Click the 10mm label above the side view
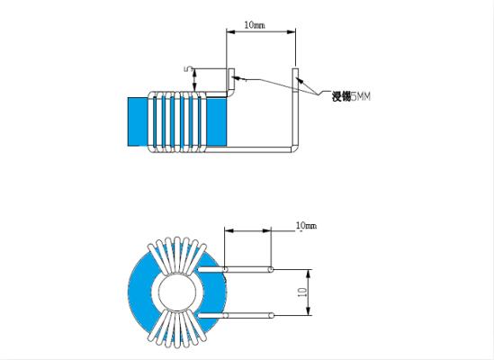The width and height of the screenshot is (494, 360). pyautogui.click(x=255, y=25)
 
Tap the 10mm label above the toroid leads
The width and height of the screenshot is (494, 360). pyautogui.click(x=306, y=225)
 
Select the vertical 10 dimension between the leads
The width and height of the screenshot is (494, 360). pyautogui.click(x=302, y=292)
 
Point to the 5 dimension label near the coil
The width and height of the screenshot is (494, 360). pyautogui.click(x=188, y=68)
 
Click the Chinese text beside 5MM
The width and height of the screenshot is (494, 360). pyautogui.click(x=341, y=96)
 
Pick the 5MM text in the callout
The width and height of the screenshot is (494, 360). pyautogui.click(x=361, y=96)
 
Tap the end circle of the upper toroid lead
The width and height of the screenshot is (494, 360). pyautogui.click(x=271, y=269)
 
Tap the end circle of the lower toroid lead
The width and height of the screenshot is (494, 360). pyautogui.click(x=271, y=315)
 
